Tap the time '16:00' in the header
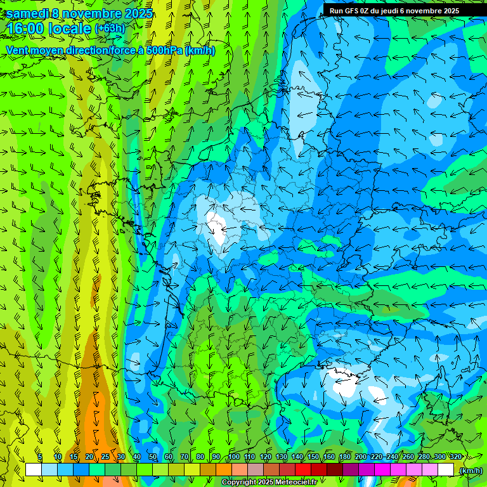point(25,29)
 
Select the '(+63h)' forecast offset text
point(110,28)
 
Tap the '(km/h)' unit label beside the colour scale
point(470,471)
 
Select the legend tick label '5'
point(40,457)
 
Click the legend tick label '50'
point(152,457)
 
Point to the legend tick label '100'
point(233,457)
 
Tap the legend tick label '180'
point(344,457)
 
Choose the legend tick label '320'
point(455,457)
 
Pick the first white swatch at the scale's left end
point(34,469)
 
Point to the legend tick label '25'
point(105,457)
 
